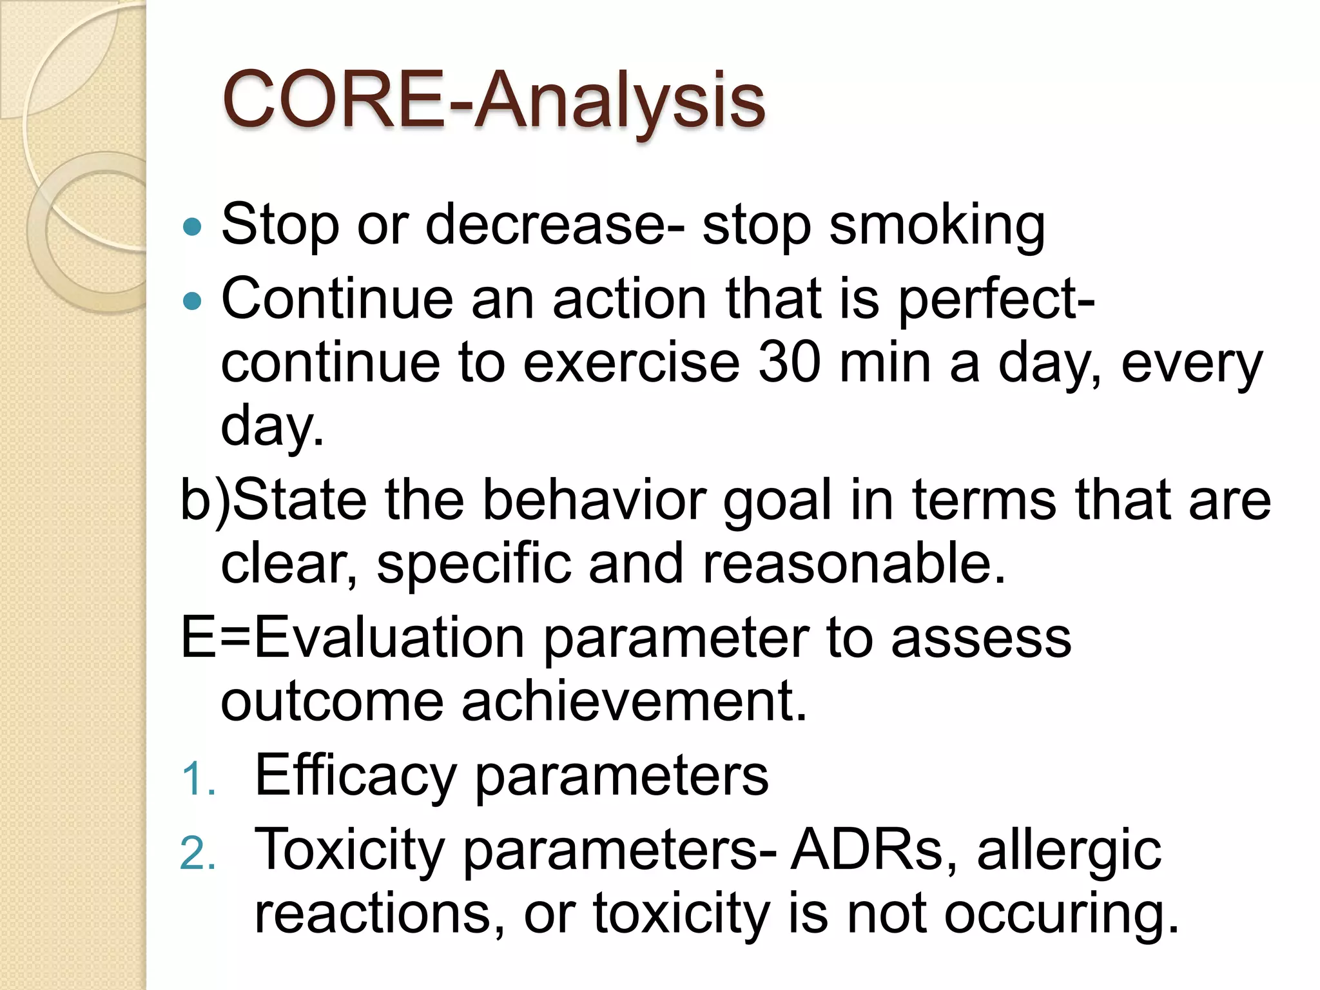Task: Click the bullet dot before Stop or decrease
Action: pos(192,227)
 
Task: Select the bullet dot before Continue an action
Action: pos(192,301)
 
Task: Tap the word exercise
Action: pos(632,362)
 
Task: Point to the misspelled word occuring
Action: pos(1060,914)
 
